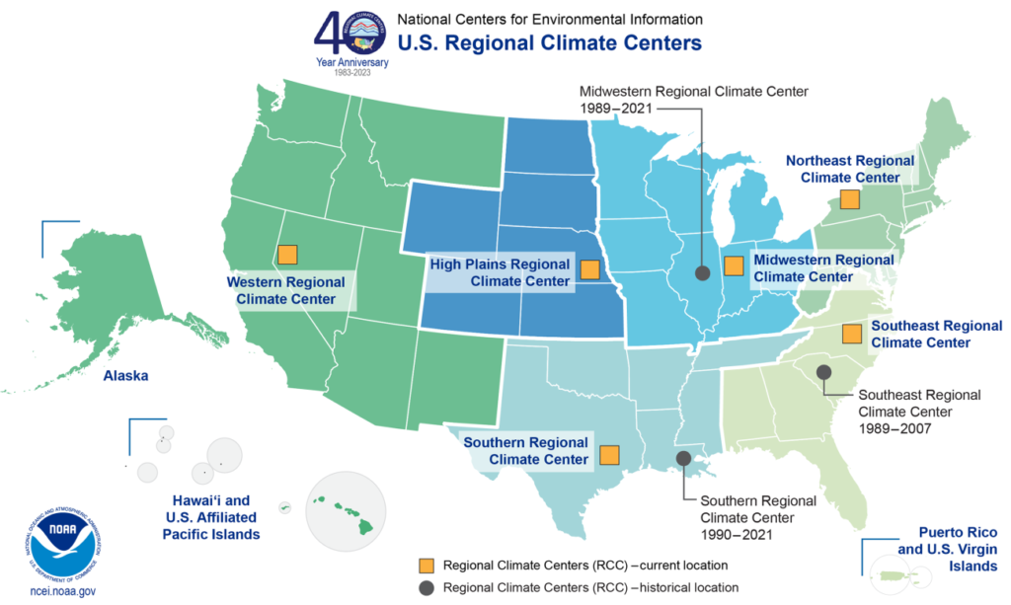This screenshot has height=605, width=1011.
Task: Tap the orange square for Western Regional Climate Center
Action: click(x=287, y=255)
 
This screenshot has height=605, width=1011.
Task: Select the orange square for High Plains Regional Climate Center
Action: click(x=590, y=269)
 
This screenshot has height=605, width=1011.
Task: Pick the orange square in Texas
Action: click(x=609, y=455)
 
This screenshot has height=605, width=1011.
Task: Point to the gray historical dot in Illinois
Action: click(x=703, y=272)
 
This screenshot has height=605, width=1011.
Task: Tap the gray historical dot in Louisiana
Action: click(x=683, y=458)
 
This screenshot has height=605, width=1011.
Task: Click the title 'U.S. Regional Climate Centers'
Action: click(x=549, y=43)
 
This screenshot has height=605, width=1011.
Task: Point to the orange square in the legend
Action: click(x=426, y=566)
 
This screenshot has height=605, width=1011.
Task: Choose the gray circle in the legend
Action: click(x=426, y=587)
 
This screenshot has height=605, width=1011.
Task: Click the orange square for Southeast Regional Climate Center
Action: click(x=851, y=334)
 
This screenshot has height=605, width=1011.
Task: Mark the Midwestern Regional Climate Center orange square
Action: click(x=733, y=265)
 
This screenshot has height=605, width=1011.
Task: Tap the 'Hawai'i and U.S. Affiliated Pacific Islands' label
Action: click(x=210, y=516)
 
